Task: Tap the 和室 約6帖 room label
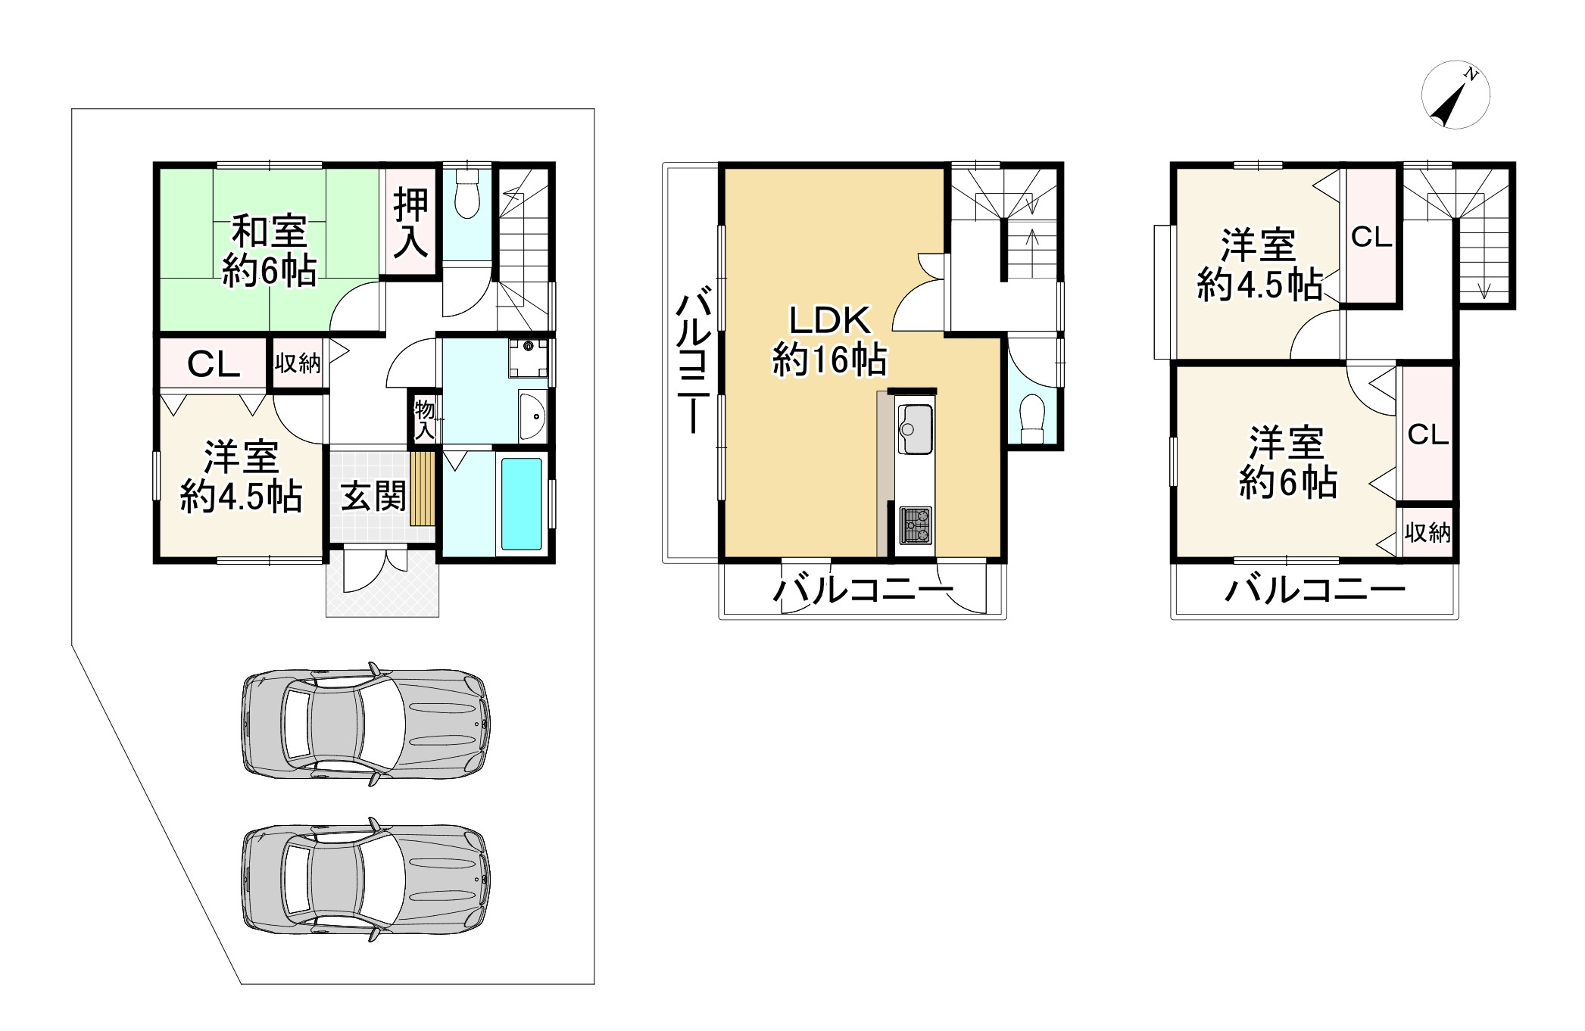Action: [270, 250]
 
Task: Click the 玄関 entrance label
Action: [373, 497]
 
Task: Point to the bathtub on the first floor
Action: [522, 503]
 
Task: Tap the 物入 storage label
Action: [424, 420]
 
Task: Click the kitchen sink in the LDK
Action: [915, 429]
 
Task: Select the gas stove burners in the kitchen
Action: [916, 525]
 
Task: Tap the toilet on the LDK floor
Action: [1031, 420]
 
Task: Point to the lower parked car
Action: [365, 879]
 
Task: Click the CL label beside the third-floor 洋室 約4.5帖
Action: [1371, 238]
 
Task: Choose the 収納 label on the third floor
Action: [1427, 533]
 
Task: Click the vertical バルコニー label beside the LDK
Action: [692, 364]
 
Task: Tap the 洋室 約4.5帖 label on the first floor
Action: [242, 478]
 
